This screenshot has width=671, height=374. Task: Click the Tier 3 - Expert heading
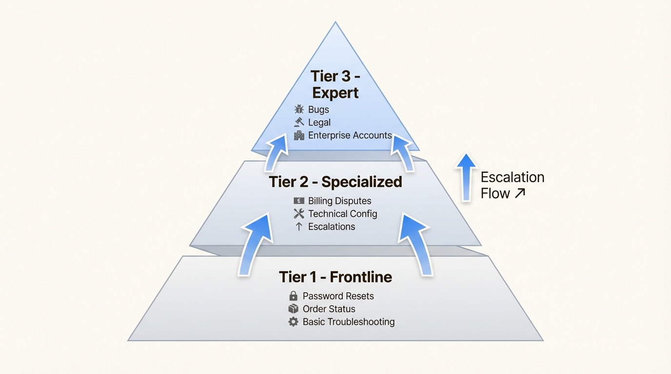tap(335, 84)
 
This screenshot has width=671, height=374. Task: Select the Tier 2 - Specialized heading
tap(335, 182)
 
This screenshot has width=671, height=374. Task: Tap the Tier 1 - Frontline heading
tap(335, 277)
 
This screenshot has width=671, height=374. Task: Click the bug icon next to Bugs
tap(299, 110)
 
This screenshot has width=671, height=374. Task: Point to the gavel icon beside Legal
tap(299, 122)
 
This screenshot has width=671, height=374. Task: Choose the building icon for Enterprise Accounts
tap(299, 135)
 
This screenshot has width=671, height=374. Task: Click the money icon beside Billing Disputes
tap(299, 201)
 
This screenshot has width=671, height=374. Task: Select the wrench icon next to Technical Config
tap(299, 214)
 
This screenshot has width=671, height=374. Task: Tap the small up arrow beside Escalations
tap(299, 226)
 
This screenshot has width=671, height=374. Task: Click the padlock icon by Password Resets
tap(293, 296)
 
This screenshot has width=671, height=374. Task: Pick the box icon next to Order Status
tap(293, 309)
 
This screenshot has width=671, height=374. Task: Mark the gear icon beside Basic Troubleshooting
tap(293, 322)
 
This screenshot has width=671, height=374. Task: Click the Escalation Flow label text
tap(512, 185)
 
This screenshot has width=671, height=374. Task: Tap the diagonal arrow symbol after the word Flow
tap(520, 193)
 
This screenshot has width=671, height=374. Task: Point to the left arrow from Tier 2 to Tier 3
tap(276, 152)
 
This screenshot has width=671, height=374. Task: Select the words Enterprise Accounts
tap(350, 135)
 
